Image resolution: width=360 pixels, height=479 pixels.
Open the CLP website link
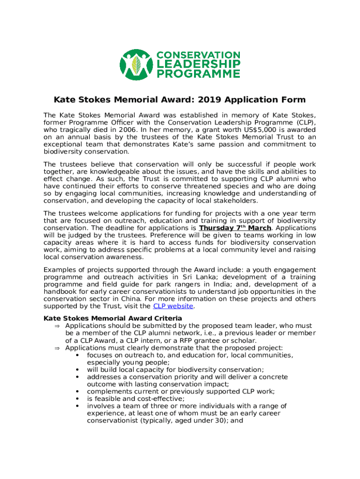tap(173, 306)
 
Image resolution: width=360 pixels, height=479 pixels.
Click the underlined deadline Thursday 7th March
tap(235, 228)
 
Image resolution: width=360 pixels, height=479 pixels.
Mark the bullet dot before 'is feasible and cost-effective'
tap(76, 399)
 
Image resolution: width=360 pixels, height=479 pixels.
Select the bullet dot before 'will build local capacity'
tap(76, 370)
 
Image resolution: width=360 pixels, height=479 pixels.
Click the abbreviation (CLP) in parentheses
tap(304, 123)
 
